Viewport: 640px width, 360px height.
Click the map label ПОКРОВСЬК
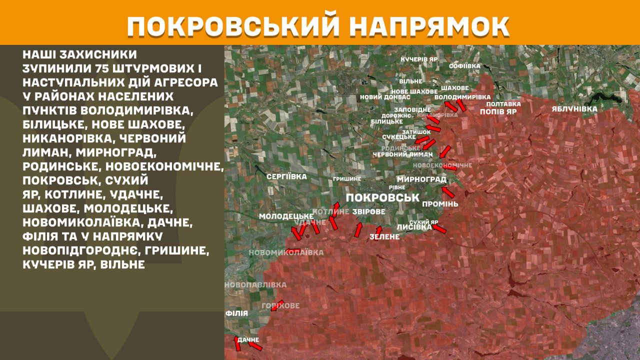pos(382,197)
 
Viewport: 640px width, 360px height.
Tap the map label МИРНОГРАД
pos(421,179)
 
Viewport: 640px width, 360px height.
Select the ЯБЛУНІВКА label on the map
pos(574,108)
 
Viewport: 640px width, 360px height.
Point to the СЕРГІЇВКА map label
pos(286,176)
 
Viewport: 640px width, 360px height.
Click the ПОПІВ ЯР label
pos(497,112)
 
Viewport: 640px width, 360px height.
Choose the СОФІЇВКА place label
pos(464,66)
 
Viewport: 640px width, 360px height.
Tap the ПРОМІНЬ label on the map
pos(440,204)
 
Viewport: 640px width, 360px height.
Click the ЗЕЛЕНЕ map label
pos(385,236)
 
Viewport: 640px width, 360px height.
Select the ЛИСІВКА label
pos(413,227)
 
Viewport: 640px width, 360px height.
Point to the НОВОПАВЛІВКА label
pos(255,285)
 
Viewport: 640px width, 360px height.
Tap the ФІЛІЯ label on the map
pos(236,313)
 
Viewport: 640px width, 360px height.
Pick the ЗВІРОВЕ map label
pos(369,212)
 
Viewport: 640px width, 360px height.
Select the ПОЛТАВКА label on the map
pos(503,104)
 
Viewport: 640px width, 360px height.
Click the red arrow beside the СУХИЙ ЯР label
pos(439,228)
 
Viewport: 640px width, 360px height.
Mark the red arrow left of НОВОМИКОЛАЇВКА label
pos(293,251)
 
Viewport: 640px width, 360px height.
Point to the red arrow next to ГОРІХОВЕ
pos(276,305)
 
